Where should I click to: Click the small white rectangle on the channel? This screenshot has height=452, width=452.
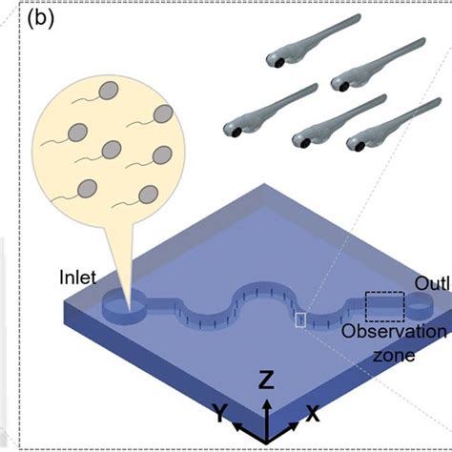301,320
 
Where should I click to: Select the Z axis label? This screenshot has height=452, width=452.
268,381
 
